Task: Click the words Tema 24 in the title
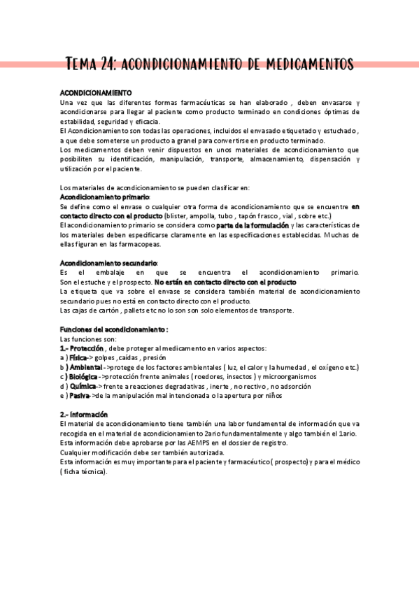point(91,64)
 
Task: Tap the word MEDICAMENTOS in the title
point(308,64)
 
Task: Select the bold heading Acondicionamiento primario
point(105,197)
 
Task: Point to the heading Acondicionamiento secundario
point(109,262)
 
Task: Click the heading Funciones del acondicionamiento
point(114,329)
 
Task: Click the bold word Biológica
point(83,376)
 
